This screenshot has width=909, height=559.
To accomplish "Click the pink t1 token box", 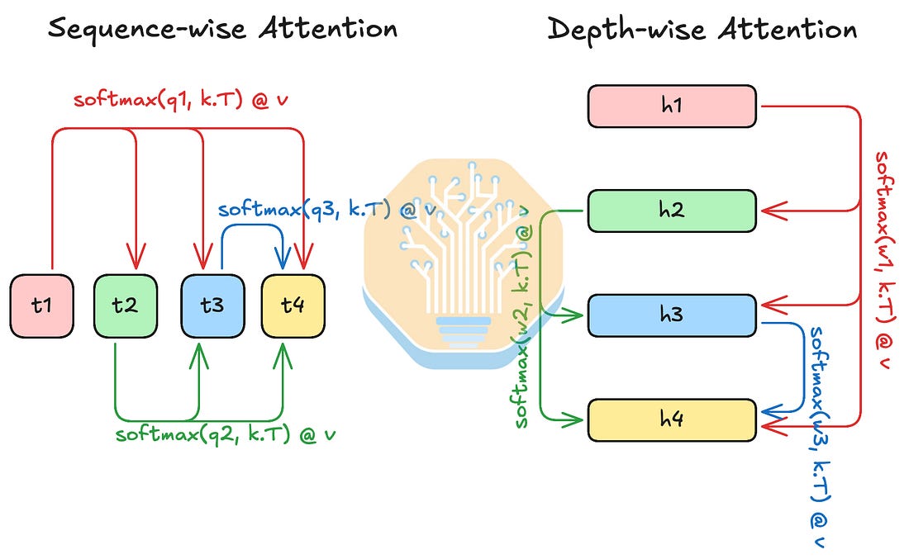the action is (42, 306).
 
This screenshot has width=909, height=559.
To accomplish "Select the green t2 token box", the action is (126, 306).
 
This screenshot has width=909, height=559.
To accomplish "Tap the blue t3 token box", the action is (212, 306).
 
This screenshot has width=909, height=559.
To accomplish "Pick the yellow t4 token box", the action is (293, 306).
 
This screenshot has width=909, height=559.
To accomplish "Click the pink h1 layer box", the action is (672, 106).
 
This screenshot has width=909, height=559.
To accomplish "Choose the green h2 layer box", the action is (672, 211).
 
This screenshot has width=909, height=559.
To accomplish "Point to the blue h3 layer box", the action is (672, 315).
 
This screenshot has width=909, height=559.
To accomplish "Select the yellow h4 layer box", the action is (672, 420).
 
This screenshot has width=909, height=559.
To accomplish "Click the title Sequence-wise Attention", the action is (222, 28).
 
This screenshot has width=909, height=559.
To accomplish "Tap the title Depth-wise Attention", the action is (702, 29).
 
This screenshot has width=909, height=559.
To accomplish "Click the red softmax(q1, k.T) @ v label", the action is (180, 100).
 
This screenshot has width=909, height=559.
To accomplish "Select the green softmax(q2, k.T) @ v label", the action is (226, 433).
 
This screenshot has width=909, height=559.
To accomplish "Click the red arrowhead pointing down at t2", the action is (136, 257).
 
